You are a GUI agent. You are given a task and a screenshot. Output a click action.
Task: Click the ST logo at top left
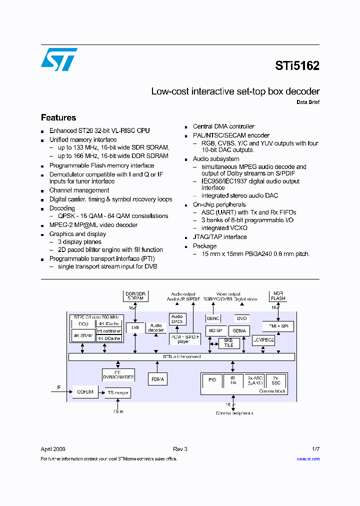58,59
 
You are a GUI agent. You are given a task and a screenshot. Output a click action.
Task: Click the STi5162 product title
297,66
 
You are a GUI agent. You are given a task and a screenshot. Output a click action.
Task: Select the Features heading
58,117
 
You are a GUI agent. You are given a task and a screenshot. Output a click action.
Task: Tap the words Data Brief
308,102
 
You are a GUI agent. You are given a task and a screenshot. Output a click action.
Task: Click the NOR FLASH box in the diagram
278,295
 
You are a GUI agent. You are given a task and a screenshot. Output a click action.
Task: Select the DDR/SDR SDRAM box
135,295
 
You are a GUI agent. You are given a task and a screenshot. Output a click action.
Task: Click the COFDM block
85,392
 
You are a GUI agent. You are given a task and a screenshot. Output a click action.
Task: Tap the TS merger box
118,392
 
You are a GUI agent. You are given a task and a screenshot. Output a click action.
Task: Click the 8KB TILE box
228,343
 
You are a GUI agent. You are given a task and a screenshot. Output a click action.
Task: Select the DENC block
213,317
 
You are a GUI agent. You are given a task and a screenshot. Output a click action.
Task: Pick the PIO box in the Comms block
212,380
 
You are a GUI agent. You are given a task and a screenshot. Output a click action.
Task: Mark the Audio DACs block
177,319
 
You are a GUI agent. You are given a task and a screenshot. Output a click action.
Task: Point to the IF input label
58,387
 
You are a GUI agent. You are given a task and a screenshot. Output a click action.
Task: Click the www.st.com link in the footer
308,458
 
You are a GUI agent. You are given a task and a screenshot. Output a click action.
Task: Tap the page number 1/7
315,449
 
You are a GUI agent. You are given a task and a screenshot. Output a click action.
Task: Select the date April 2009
53,449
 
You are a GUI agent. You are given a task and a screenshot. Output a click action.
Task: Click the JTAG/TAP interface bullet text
220,237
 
